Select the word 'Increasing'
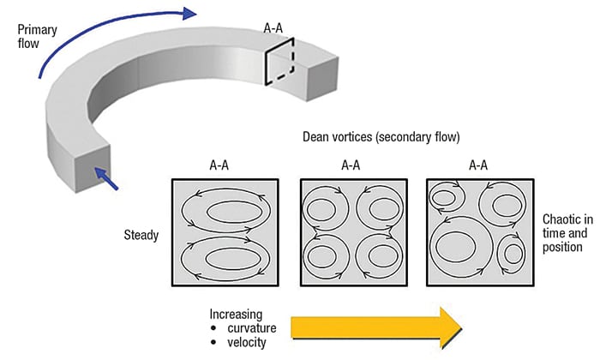(235, 315)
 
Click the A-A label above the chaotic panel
(480, 165)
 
